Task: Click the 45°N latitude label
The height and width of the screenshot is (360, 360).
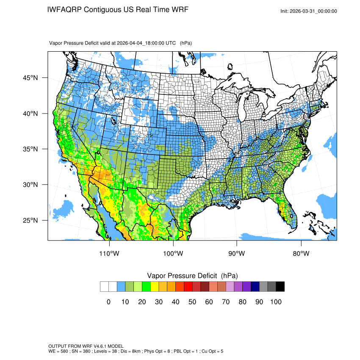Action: coord(30,78)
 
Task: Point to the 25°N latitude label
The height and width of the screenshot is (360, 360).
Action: coord(30,220)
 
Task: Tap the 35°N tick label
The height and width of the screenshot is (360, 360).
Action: coord(30,149)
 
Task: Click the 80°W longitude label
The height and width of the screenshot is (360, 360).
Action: coord(301,254)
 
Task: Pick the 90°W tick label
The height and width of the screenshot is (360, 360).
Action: coord(237,254)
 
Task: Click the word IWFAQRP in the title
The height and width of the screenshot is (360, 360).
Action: coord(64,10)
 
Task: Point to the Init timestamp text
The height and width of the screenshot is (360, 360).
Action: coord(309,11)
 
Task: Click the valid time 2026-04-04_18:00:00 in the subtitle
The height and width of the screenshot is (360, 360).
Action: coord(147,43)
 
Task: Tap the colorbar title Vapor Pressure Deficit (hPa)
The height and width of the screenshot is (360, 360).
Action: coord(192,276)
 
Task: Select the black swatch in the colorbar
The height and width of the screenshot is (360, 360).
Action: coord(280,287)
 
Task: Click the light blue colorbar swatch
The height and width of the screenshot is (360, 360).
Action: coord(121,287)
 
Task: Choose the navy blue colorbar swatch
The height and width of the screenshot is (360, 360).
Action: coord(255,287)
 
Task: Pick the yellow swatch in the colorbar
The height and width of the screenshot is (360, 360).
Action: coord(155,287)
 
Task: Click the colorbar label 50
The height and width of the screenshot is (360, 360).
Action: coord(192,302)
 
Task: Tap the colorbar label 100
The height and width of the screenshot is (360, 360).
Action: coord(276,302)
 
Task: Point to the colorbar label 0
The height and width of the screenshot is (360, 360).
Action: coord(108,302)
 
